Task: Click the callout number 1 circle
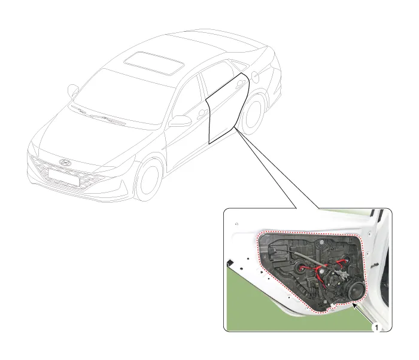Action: (x=377, y=328)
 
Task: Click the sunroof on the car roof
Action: (x=154, y=63)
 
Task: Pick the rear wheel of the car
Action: (x=253, y=113)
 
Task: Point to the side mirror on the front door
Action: (x=180, y=121)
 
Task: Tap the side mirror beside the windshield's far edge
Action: (x=72, y=91)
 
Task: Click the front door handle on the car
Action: (x=202, y=115)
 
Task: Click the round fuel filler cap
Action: (x=255, y=77)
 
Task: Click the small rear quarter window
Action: (x=239, y=65)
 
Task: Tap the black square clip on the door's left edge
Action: (x=229, y=263)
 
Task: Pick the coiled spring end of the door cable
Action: (x=272, y=250)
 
